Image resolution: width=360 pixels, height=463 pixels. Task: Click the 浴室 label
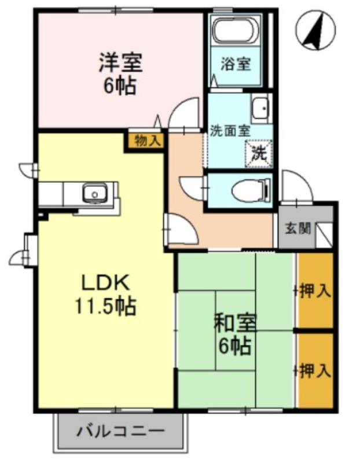(236, 64)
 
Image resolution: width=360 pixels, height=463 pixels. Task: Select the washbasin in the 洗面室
(260, 108)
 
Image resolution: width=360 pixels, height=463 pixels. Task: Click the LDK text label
(104, 282)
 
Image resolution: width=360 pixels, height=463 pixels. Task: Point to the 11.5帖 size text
(104, 305)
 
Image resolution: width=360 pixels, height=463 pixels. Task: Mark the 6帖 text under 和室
(234, 347)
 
